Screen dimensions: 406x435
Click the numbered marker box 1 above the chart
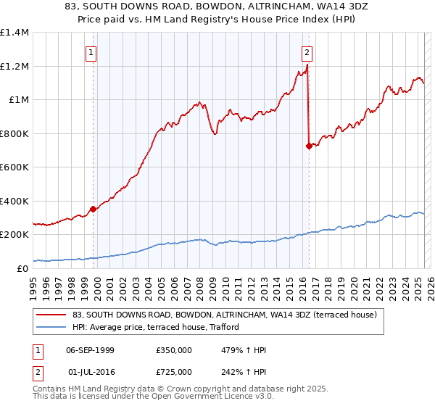coord(91,51)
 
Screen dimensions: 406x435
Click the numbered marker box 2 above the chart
coord(307,51)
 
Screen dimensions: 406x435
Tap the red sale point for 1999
coord(93,210)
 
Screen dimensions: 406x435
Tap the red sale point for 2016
coord(309,146)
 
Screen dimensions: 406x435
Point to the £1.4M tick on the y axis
coord(14,33)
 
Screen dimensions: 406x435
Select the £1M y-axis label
coord(17,100)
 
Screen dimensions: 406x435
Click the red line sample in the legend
coord(51,315)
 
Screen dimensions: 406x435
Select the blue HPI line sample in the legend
coord(51,327)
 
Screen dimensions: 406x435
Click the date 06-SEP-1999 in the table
coord(90,350)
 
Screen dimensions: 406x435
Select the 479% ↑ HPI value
coord(244,350)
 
